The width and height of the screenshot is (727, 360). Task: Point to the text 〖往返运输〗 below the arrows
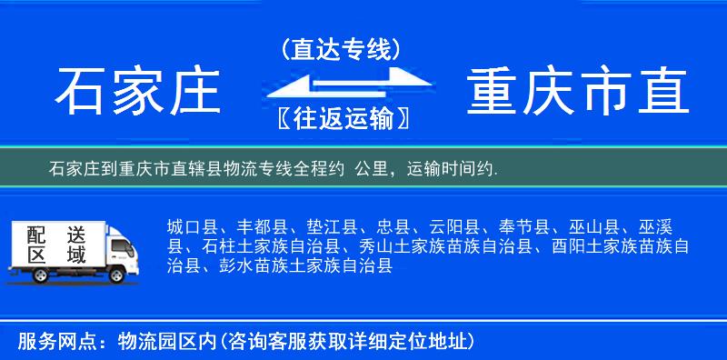[x=341, y=118]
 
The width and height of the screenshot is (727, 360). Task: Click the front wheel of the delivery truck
[x=117, y=275]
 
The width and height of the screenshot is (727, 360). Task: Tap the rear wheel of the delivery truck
[x=35, y=275]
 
